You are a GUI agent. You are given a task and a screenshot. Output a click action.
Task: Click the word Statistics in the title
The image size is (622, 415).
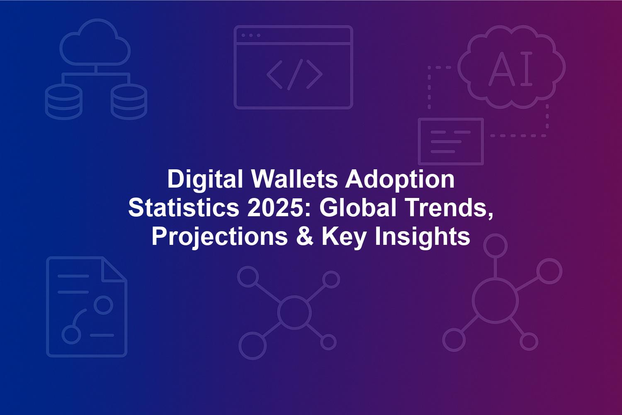tap(184, 208)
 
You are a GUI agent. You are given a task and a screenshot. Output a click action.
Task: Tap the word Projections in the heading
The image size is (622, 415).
tap(220, 238)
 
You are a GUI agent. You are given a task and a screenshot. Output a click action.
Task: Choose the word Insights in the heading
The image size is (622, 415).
tap(423, 238)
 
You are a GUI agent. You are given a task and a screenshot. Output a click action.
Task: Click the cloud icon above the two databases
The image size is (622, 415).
tap(95, 42)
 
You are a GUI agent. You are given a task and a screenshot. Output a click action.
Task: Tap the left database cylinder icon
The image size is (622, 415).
tap(63, 102)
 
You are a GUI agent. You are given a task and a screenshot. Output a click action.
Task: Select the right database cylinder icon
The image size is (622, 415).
tap(129, 102)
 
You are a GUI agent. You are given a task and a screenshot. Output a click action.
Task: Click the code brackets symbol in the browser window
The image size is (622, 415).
tap(294, 75)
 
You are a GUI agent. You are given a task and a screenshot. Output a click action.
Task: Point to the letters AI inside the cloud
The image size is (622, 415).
tap(510, 68)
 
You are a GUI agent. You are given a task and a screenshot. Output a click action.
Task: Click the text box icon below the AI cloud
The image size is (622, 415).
tap(451, 142)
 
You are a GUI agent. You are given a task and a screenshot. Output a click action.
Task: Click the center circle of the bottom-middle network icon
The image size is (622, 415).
tap(294, 312)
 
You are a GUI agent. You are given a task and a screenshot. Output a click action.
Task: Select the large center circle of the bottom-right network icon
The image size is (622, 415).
tap(495, 301)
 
